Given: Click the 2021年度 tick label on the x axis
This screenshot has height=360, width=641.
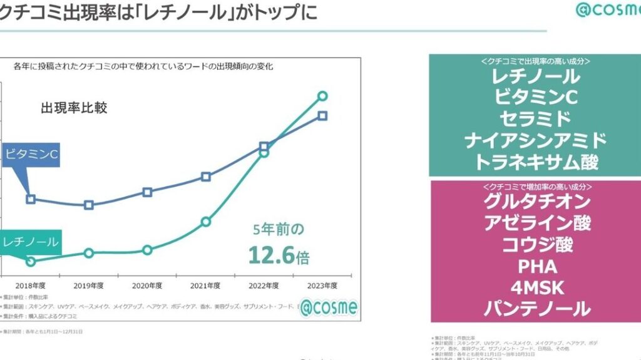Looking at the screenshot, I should [205, 285].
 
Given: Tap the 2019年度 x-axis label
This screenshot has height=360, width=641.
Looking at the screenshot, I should [88, 285].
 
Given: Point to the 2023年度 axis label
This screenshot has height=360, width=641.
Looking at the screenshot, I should [322, 285].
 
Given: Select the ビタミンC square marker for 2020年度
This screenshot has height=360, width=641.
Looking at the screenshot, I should [147, 192].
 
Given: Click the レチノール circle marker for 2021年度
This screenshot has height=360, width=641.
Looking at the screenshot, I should [205, 222].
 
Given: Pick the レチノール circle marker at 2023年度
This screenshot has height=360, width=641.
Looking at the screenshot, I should [322, 96].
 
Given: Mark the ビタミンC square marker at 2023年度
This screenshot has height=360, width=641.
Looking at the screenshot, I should [322, 116].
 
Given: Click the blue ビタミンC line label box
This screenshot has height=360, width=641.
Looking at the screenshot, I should [31, 154].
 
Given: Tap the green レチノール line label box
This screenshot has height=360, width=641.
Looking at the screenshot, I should [30, 242].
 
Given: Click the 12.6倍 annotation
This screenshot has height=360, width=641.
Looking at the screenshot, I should [279, 255].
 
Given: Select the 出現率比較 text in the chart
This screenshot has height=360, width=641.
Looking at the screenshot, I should [74, 108].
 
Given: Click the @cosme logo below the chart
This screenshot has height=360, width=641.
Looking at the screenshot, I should [327, 308].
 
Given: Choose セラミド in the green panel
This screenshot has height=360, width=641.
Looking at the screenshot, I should [535, 118].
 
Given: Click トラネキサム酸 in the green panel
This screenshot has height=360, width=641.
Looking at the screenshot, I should [536, 162].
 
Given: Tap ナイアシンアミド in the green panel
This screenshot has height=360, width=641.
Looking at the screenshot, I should [536, 140].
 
